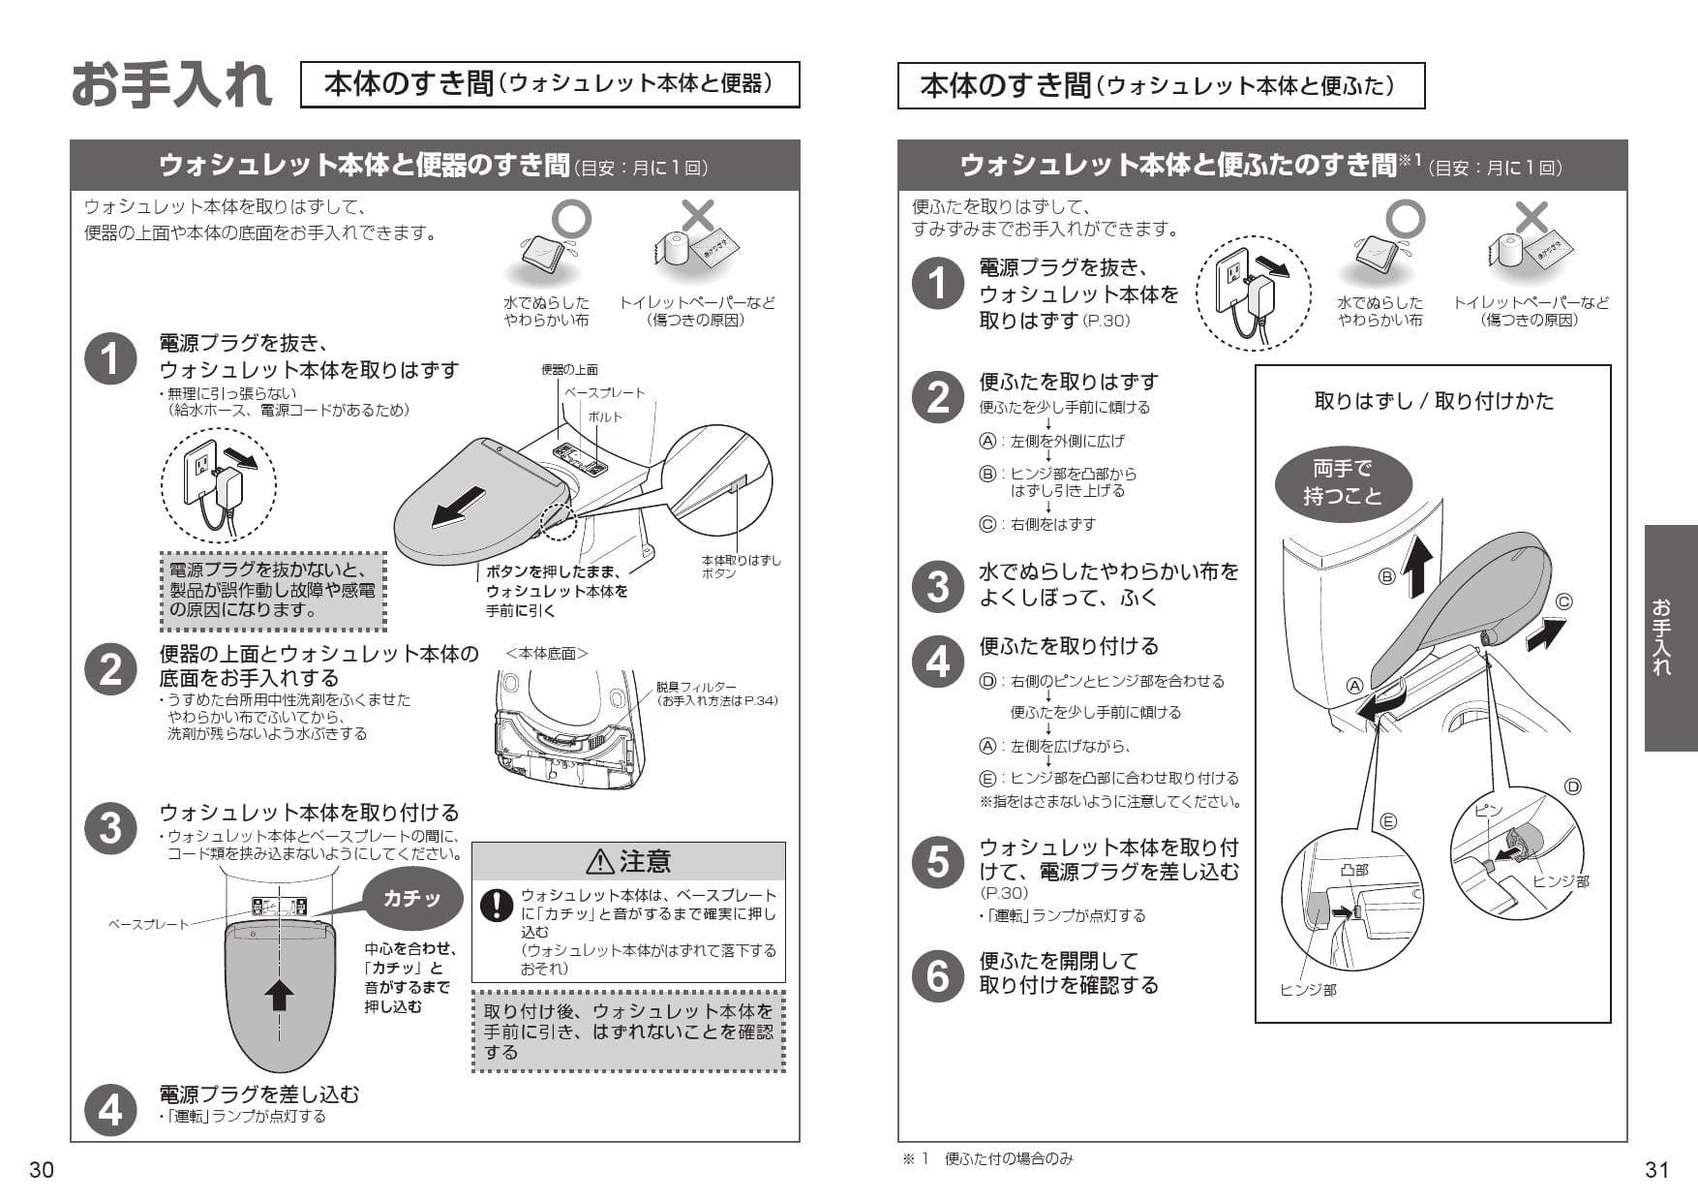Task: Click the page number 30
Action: click(41, 1170)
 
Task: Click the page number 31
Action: click(1656, 1170)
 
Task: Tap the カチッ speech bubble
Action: click(411, 899)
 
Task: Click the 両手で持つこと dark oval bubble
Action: click(1342, 482)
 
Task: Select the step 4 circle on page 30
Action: click(110, 1109)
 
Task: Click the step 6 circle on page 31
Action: click(937, 974)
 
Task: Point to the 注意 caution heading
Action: click(628, 861)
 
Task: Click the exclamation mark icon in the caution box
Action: click(497, 905)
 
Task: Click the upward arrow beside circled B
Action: click(1416, 568)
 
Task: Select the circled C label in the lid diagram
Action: click(1563, 601)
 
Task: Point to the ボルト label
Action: click(605, 416)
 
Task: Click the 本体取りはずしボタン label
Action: click(740, 567)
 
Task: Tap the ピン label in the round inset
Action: click(1489, 810)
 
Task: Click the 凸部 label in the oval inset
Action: click(1354, 870)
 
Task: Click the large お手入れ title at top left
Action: click(170, 85)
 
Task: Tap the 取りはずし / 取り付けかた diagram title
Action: click(1433, 401)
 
